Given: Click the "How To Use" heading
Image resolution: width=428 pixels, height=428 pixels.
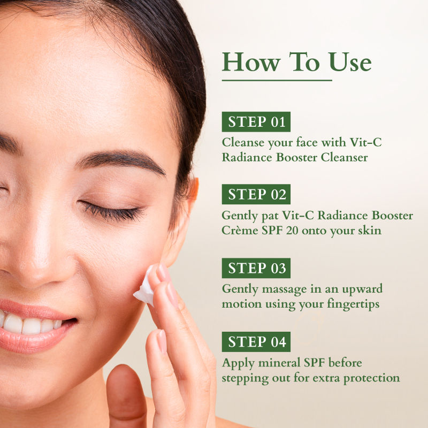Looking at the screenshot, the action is point(296,62).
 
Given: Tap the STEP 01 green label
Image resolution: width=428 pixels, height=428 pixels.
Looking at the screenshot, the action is point(256,122).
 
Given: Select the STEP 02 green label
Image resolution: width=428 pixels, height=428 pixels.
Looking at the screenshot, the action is point(256,194).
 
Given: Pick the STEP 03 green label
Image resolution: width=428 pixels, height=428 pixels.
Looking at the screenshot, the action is point(256,268).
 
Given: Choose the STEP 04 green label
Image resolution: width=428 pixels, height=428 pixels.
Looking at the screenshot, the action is point(256,342).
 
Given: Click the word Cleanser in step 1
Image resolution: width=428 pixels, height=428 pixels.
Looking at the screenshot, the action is point(344,157).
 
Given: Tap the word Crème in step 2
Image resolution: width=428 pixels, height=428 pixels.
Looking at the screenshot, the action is point(240,231).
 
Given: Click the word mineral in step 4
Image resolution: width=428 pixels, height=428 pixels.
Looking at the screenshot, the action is point(279,363).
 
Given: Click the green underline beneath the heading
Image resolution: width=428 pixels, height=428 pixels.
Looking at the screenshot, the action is point(277,81).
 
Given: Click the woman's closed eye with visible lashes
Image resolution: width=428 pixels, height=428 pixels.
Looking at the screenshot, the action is point(112,211).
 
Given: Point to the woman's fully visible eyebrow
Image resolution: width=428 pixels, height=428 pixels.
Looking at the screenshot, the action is point(121,162).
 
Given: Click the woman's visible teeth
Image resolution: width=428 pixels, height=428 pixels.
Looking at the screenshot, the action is point(30,324).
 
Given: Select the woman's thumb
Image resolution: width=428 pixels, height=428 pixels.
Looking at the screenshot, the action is point(126,396).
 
